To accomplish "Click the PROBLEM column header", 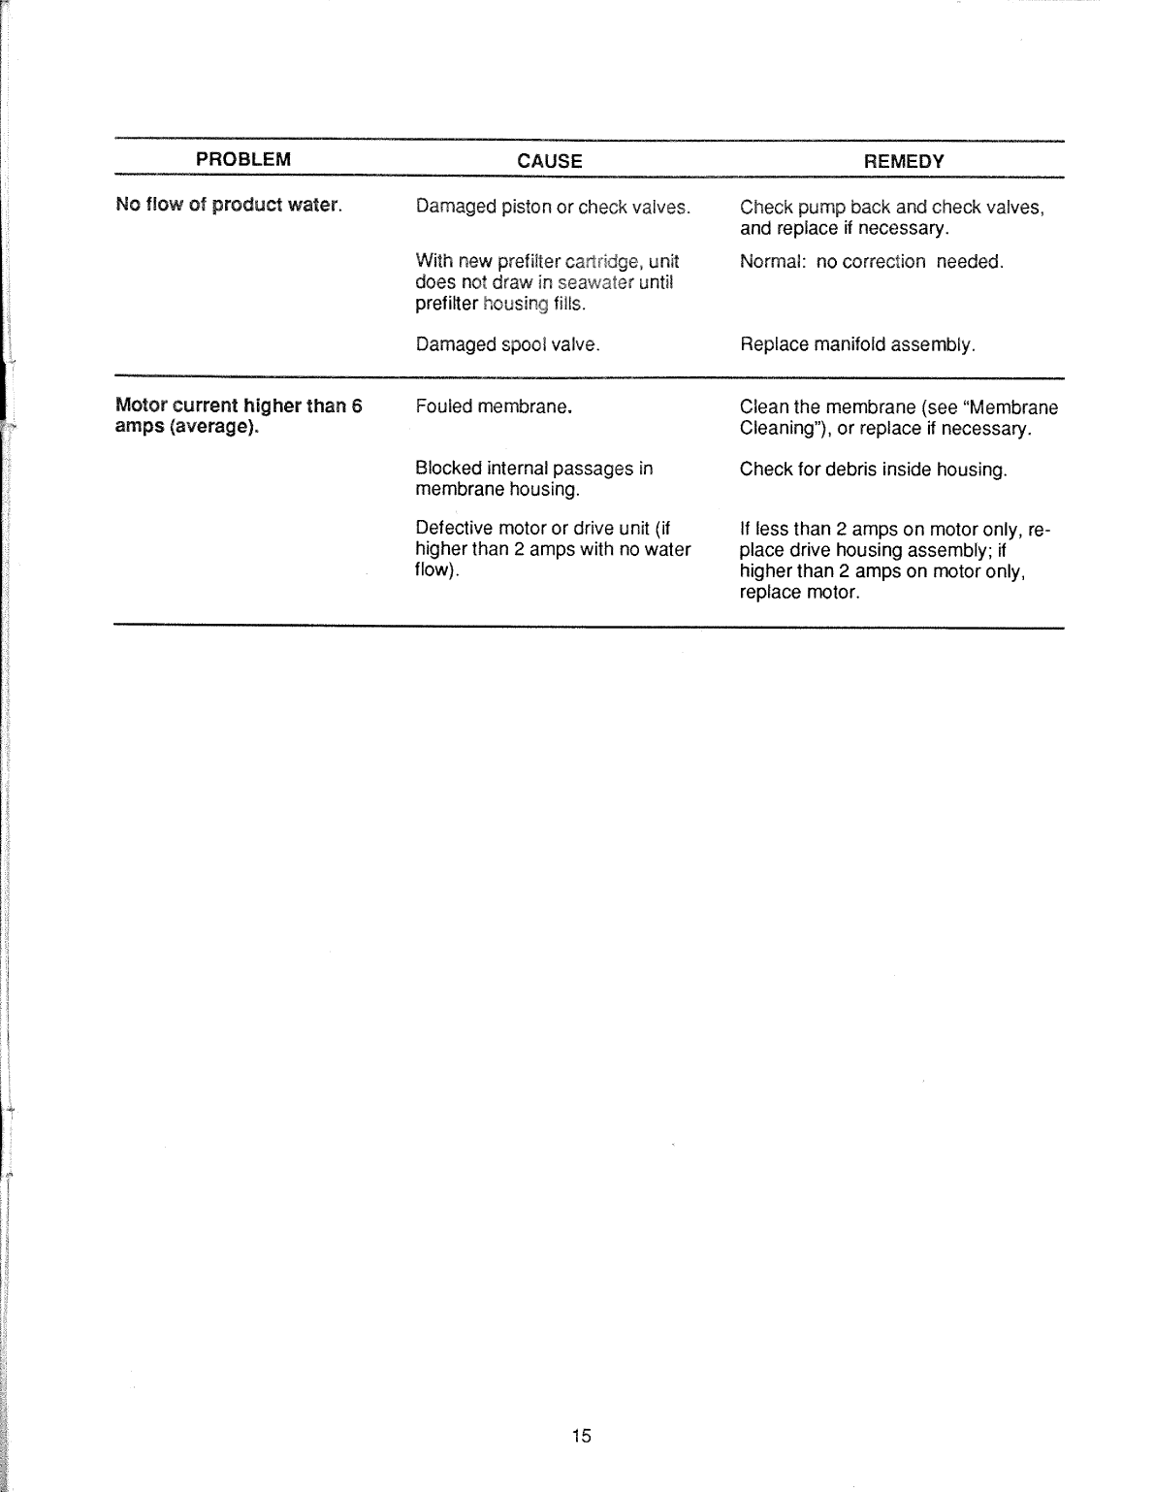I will [x=243, y=160].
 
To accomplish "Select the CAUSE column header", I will [x=550, y=161].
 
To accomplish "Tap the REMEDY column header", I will [x=904, y=161].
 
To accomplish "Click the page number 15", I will [x=581, y=1436].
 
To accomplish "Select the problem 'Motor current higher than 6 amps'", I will [x=238, y=416].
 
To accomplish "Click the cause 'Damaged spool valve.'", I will [x=507, y=344].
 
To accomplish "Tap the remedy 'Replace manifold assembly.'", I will [x=857, y=344].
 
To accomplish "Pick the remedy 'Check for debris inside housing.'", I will [x=873, y=470].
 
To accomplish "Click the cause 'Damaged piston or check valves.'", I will [x=553, y=207].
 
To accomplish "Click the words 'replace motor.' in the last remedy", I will [x=799, y=592].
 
